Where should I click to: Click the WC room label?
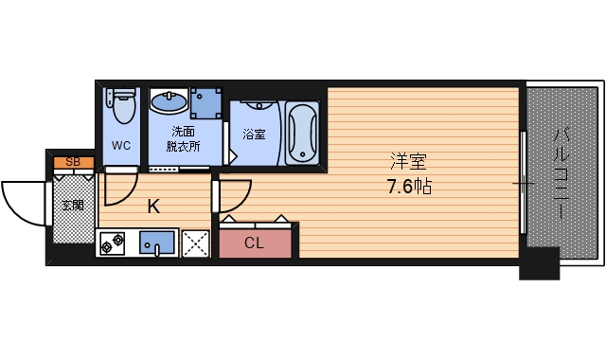(121, 146)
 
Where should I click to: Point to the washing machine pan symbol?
(205, 102)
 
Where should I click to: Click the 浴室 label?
(254, 135)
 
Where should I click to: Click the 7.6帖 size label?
(408, 186)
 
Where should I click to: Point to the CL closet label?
(254, 243)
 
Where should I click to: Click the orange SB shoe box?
(73, 163)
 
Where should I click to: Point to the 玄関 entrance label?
(73, 205)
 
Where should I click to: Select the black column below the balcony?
(538, 263)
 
